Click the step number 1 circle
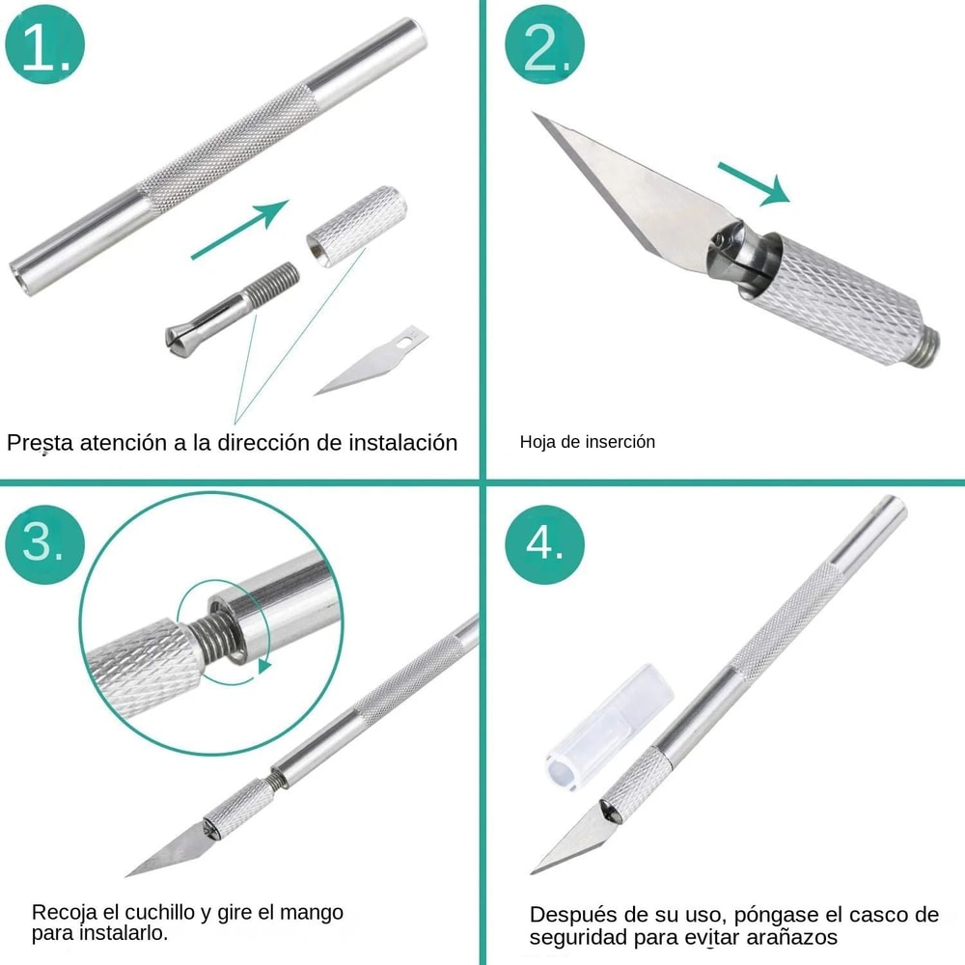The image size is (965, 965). click(45, 44)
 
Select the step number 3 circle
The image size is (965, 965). click(45, 544)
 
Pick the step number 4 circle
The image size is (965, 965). click(547, 544)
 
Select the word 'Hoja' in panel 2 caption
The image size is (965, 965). click(537, 442)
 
